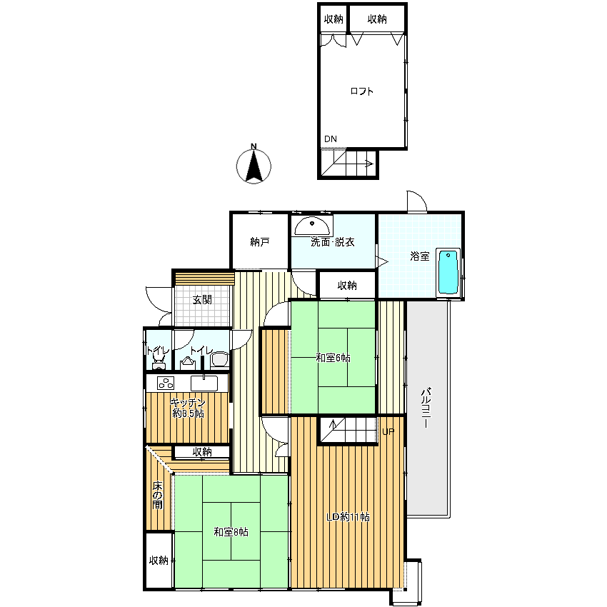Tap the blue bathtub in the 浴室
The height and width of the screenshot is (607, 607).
pos(448,272)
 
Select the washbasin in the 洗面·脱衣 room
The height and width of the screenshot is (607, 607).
pos(312,226)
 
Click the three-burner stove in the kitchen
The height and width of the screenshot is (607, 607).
pos(166,383)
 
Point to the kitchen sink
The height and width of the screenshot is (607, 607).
pos(204,383)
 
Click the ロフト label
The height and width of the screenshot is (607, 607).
pos(361,91)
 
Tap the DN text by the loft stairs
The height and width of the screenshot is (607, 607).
pos(331,139)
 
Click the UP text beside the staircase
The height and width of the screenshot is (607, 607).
pos(388,431)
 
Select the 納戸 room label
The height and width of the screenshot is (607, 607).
pos(260,242)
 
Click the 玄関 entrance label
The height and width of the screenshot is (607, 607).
pos(202,300)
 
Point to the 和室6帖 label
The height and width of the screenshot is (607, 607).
pos(333,358)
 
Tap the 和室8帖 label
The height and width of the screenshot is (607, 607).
pos(231,532)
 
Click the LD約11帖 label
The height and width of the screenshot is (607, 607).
pos(348,517)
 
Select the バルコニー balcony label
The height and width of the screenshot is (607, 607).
pos(426,407)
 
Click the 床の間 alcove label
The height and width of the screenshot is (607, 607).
pos(157,495)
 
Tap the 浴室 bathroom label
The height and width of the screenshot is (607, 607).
pos(420,256)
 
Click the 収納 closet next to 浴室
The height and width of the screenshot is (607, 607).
pos(347,286)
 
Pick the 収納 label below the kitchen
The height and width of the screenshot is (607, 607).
pos(202,452)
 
